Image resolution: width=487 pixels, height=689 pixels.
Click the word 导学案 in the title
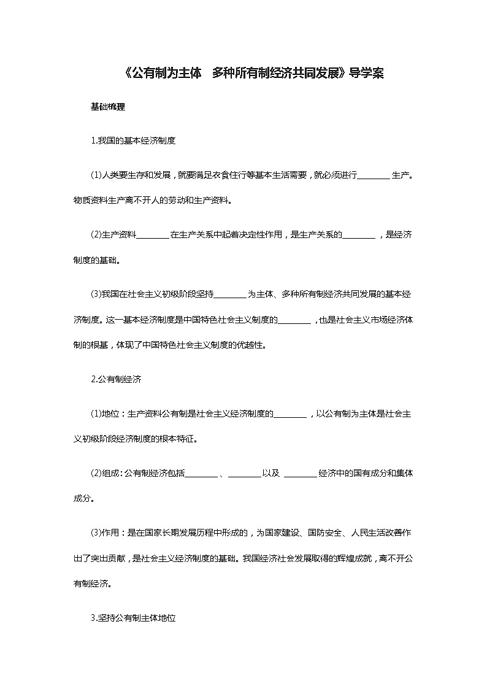(x=367, y=74)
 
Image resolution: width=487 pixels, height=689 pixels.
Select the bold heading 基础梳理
(x=108, y=107)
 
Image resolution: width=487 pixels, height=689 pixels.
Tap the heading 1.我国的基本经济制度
(x=133, y=140)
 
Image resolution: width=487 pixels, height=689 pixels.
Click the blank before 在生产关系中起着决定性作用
(x=153, y=234)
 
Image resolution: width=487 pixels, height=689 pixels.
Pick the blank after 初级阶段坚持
(x=230, y=294)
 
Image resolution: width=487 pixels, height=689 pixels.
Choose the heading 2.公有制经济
(x=117, y=379)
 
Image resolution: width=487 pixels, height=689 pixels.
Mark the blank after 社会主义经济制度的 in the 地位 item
(x=290, y=414)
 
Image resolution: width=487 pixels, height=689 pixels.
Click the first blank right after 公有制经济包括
(x=201, y=473)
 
